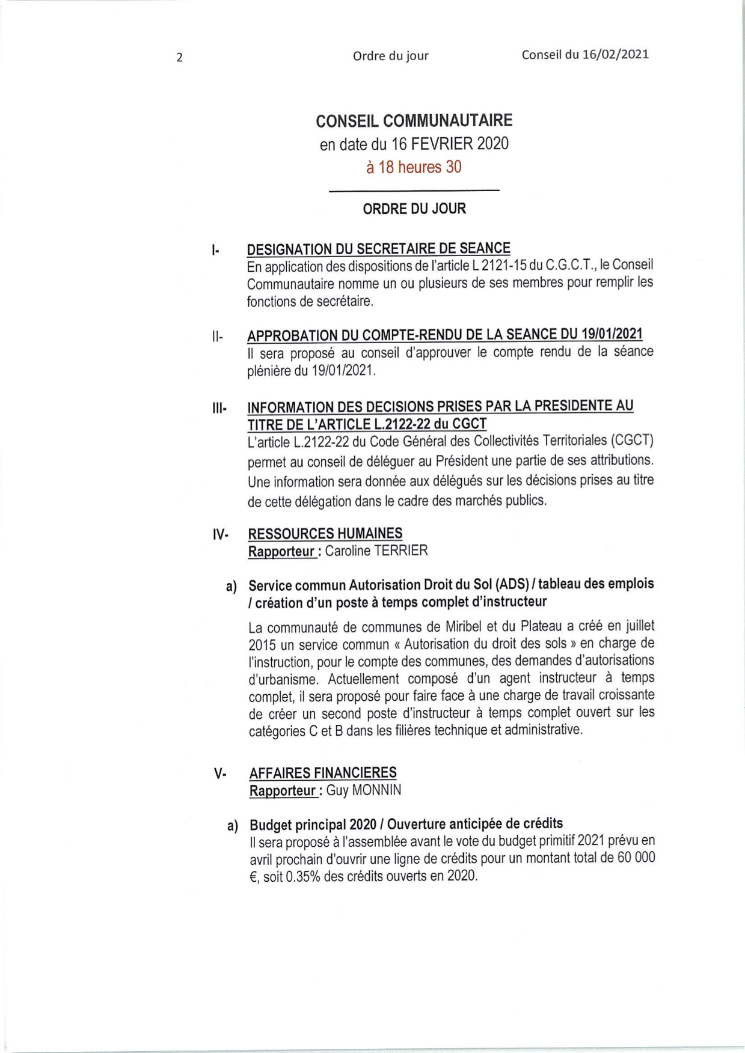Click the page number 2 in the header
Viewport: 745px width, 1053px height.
[179, 58]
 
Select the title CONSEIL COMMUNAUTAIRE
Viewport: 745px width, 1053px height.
[414, 121]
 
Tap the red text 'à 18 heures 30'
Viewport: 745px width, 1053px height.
[414, 167]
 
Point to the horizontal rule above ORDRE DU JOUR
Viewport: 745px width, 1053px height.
[414, 191]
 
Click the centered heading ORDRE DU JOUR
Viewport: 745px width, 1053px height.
[414, 209]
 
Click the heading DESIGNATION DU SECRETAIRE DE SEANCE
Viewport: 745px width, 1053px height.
[379, 248]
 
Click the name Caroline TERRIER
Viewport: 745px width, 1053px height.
[376, 551]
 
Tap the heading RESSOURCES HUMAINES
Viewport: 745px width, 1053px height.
[325, 533]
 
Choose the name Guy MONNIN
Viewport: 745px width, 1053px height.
[364, 790]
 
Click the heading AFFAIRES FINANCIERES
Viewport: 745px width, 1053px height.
[323, 772]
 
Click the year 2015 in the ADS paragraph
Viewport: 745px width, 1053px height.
[262, 644]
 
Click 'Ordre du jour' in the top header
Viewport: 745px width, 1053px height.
[391, 56]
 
